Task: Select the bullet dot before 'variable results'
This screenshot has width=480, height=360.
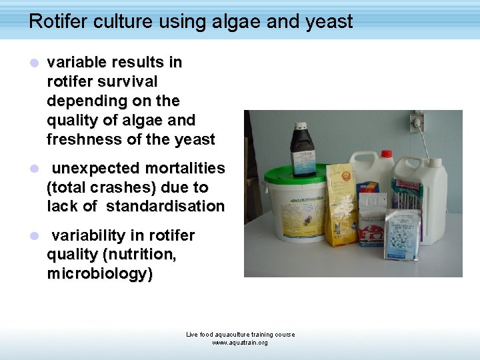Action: (34, 63)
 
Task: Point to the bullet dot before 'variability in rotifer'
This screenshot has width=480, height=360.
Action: (34, 236)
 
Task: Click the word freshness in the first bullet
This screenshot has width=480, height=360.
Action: (79, 139)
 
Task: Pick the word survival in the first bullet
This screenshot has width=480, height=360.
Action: (127, 81)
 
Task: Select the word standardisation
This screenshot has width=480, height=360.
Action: (165, 206)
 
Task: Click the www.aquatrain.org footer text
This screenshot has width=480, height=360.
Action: (240, 343)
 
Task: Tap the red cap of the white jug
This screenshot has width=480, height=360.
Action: (385, 155)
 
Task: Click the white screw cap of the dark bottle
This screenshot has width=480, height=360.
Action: (301, 127)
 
